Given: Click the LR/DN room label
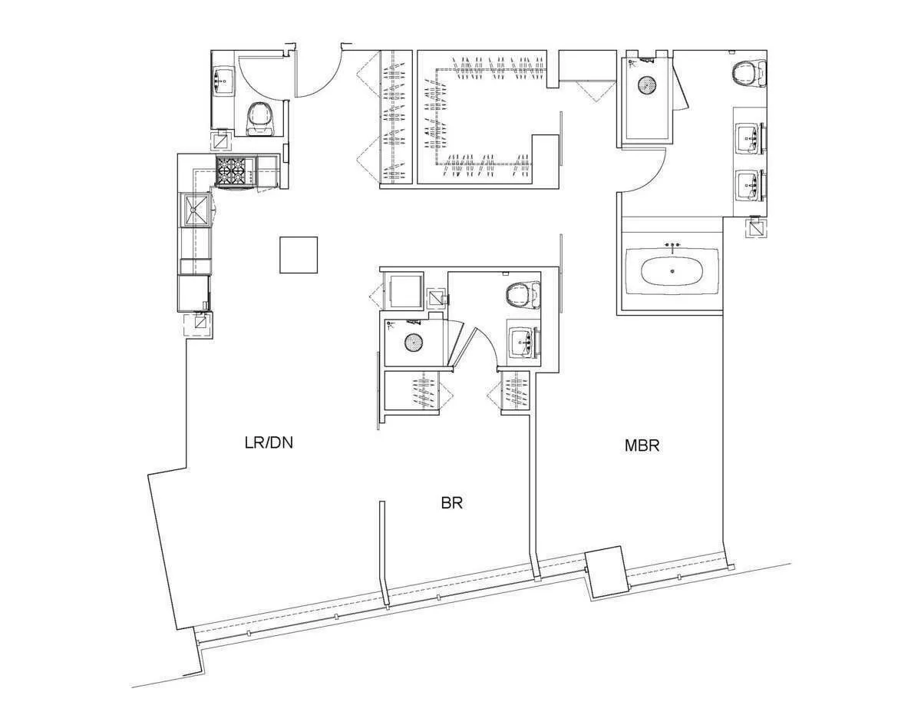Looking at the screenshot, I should pos(269,442).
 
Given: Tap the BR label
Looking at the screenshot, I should pos(451,503).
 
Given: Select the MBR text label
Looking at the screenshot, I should pos(642,445).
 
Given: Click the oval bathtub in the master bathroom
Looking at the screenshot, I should pos(672,271).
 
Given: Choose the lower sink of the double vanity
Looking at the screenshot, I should pos(748,185).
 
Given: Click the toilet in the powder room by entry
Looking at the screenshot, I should pos(259,118).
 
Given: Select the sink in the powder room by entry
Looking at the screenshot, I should pos(225,78).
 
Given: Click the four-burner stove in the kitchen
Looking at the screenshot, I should pos(236,172).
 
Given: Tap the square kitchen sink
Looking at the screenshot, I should pos(196,210).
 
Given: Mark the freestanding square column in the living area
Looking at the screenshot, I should pos(299,255).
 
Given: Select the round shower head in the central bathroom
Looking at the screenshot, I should pos(414,343).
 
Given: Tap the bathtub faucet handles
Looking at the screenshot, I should pos(672,245).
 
